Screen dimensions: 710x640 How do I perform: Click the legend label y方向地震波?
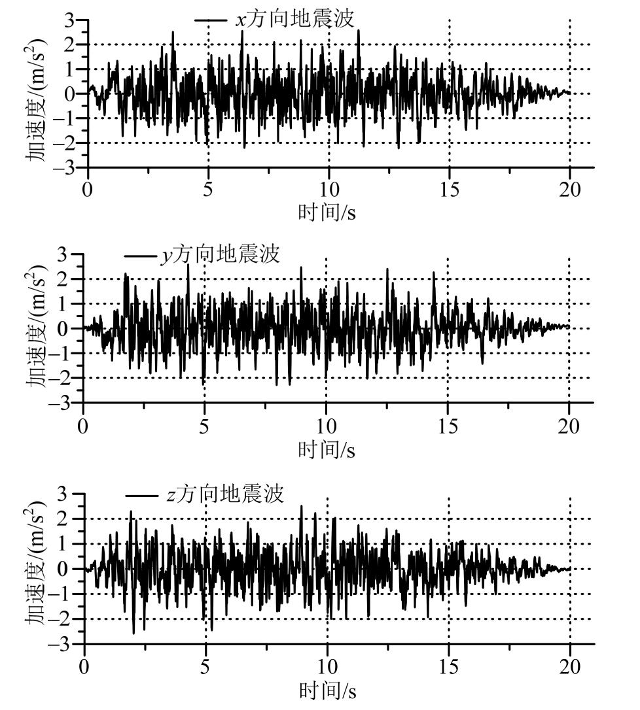(x=221, y=254)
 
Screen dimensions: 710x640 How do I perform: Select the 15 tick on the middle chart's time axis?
(x=448, y=426)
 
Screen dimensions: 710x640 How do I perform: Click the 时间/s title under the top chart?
(x=327, y=212)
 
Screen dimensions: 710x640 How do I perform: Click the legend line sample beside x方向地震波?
(x=210, y=20)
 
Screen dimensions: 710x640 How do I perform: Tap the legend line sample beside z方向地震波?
(x=140, y=495)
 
